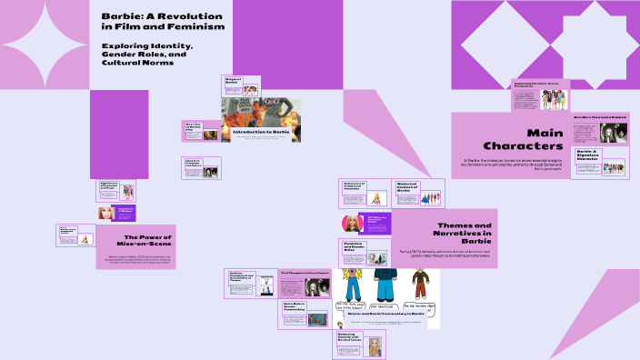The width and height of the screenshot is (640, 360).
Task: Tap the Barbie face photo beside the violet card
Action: point(349,224)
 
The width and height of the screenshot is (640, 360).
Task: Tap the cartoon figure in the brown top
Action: point(421,282)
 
